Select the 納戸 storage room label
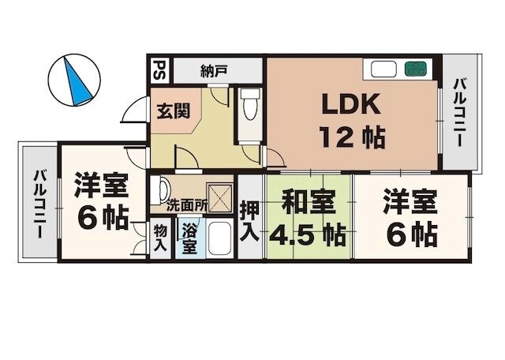point(213,70)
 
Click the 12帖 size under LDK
point(351,138)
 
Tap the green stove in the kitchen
point(416,69)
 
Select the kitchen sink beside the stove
point(384,69)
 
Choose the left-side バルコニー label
point(37,203)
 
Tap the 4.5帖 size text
point(307,234)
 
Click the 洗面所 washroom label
point(188,204)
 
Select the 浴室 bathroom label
point(189,238)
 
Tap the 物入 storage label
point(160,238)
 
